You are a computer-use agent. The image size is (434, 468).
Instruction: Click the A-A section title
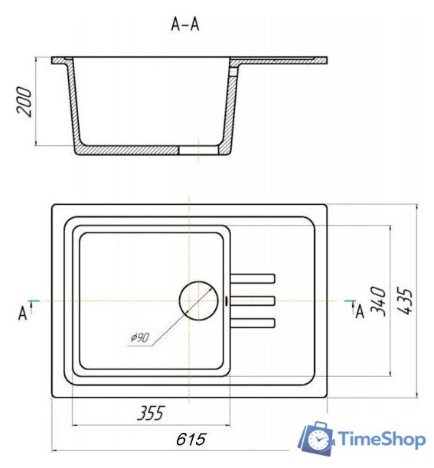click(185, 24)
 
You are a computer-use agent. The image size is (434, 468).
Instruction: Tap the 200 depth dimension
click(24, 102)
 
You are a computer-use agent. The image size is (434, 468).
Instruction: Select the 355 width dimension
click(151, 413)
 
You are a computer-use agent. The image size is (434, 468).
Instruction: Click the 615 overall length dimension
click(191, 439)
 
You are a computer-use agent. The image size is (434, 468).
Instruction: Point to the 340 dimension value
click(378, 301)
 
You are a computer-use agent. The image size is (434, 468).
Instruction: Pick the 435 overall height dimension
click(405, 301)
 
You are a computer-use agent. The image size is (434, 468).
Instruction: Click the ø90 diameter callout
click(140, 337)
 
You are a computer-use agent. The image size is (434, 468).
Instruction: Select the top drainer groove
click(253, 278)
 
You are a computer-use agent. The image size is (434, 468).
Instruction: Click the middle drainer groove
click(253, 301)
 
